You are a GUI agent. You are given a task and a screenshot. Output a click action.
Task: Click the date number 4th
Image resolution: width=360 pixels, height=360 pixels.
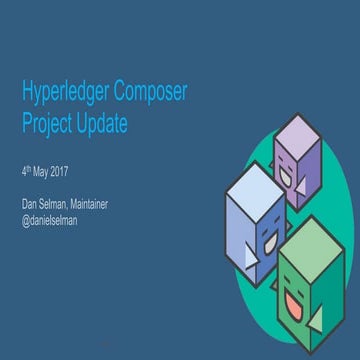coord(27,170)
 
